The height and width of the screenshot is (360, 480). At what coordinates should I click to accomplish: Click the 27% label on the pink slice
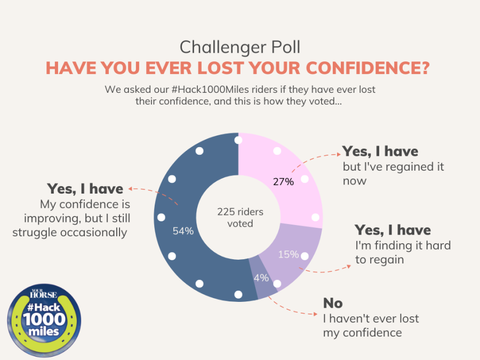[x=283, y=182]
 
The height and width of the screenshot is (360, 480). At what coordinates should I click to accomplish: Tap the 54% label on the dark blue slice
[x=183, y=231]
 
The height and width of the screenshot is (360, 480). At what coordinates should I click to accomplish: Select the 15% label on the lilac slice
[x=289, y=254]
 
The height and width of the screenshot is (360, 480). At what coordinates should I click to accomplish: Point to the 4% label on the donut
[x=261, y=278]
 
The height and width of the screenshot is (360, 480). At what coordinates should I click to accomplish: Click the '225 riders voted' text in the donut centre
[x=241, y=218]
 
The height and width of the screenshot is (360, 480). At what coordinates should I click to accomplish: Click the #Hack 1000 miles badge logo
[x=44, y=320]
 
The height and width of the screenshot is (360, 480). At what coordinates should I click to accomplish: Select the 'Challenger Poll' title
[x=240, y=47]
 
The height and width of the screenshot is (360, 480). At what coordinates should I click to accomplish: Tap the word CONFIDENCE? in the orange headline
[x=368, y=68]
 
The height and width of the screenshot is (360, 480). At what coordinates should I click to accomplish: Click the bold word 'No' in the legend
[x=333, y=303]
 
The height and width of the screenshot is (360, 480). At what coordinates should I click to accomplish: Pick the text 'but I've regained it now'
[x=394, y=173]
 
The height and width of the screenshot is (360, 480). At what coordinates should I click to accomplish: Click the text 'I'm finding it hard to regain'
[x=403, y=252]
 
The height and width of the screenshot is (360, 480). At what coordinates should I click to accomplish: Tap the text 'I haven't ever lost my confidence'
[x=371, y=325]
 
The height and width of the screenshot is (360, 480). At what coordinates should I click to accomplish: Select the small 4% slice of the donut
[x=262, y=277]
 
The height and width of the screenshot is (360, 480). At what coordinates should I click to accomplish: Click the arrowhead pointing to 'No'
[x=315, y=314]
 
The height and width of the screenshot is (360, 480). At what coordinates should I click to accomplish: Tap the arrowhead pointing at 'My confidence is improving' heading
[x=130, y=189]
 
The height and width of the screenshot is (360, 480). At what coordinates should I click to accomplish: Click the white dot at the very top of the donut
[x=238, y=140]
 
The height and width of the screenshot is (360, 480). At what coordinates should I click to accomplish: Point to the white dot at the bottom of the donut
[x=238, y=294]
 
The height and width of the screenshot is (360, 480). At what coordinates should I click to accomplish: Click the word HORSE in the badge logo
[x=44, y=295]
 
